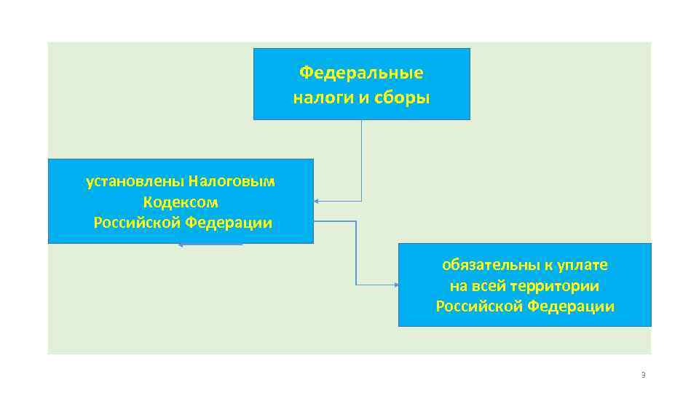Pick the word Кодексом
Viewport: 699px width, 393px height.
(x=181, y=202)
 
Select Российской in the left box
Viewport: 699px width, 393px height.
(x=137, y=223)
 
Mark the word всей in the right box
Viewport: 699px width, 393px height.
(x=496, y=286)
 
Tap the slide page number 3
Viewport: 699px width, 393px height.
(x=643, y=375)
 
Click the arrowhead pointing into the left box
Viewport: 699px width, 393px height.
(x=318, y=201)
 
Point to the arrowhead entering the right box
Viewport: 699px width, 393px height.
(x=394, y=284)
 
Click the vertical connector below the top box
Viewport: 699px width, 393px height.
(x=361, y=160)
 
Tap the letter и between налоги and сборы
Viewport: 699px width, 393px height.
(x=363, y=98)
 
